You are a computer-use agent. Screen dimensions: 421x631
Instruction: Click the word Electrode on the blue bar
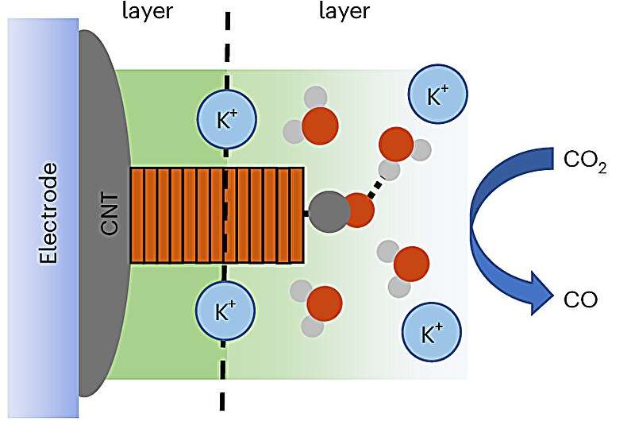tap(50, 213)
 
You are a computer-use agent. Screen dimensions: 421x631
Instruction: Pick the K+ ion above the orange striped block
tap(226, 120)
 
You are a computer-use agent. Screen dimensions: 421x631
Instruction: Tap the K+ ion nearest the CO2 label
tap(437, 96)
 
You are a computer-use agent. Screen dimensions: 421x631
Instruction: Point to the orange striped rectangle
tap(217, 214)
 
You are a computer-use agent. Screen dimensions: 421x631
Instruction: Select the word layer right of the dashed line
tap(344, 10)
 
